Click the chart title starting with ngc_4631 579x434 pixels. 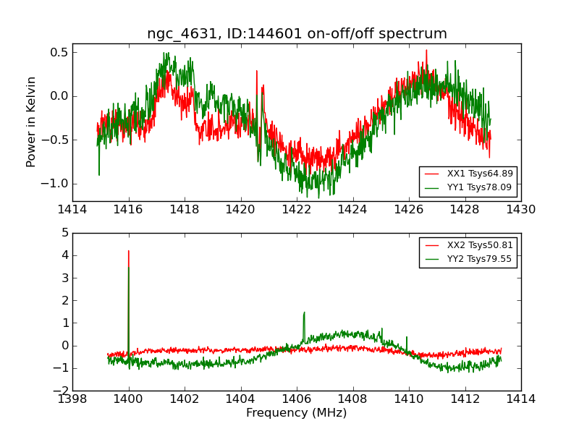point(297,33)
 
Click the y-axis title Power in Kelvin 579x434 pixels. point(31,122)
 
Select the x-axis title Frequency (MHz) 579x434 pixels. point(296,413)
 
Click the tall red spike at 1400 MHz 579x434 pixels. point(129,253)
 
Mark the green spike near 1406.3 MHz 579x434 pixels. point(304,314)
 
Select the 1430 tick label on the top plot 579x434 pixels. point(520,210)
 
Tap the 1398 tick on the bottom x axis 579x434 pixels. point(72,399)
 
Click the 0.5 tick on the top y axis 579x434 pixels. point(59,52)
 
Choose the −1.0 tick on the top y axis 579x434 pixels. point(55,183)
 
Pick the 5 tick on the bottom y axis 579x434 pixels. point(64,233)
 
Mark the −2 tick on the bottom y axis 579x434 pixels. point(62,391)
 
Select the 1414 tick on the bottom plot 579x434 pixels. point(520,399)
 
